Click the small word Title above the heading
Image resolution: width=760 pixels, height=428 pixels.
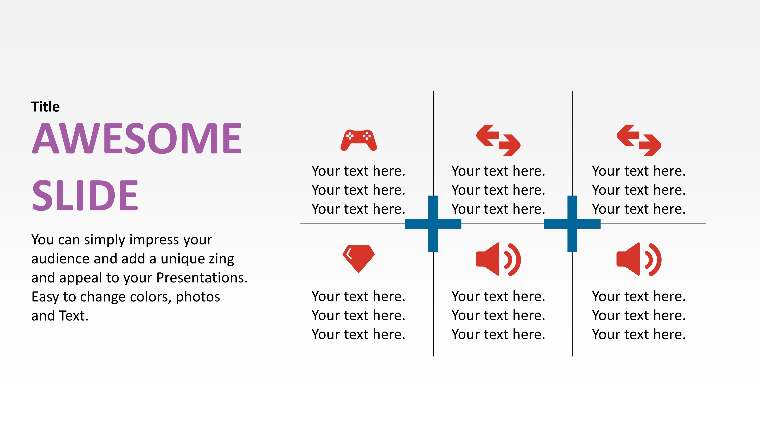(45, 107)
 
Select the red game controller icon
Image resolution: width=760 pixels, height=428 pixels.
(358, 140)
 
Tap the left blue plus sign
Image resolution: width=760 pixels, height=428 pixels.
(433, 224)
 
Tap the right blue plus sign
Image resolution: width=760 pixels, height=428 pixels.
(572, 224)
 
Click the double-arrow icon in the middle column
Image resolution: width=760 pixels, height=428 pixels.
(498, 140)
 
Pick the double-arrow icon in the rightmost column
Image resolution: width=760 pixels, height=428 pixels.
(639, 140)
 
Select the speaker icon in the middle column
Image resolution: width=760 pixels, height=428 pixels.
(498, 259)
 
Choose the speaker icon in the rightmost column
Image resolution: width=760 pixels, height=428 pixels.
(639, 259)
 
